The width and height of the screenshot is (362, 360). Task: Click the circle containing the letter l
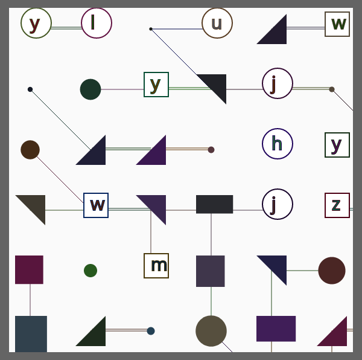click(x=97, y=23)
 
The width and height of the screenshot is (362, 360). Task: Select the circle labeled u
click(x=217, y=23)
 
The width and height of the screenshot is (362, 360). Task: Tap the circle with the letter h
click(x=278, y=144)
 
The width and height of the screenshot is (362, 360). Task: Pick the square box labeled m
click(x=156, y=266)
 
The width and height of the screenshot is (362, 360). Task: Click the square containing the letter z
click(x=337, y=205)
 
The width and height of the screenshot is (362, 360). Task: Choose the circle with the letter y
click(x=36, y=23)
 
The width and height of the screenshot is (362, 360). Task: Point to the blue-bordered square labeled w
click(x=96, y=205)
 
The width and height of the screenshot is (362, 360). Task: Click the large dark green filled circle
click(x=91, y=89)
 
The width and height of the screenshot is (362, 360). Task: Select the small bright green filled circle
click(x=91, y=271)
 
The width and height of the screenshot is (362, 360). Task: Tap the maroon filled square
click(x=29, y=269)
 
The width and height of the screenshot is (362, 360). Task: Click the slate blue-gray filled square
click(x=31, y=334)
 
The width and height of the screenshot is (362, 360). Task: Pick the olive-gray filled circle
click(x=211, y=331)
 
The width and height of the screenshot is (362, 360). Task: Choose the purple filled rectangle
click(x=276, y=329)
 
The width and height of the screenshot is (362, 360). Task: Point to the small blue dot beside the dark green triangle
click(x=151, y=331)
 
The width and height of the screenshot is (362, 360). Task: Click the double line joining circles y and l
click(x=66, y=28)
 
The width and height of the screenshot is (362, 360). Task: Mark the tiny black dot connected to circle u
click(x=151, y=29)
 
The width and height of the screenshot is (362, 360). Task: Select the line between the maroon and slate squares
click(x=30, y=300)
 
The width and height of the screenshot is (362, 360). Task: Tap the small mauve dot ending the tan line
click(x=211, y=150)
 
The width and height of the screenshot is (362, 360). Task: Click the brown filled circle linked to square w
click(x=30, y=150)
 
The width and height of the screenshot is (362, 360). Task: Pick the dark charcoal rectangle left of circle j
click(x=214, y=204)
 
